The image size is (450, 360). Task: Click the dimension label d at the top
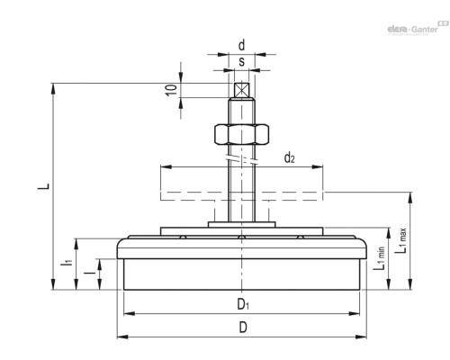[x=241, y=46]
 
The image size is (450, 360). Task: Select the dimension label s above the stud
[x=241, y=61]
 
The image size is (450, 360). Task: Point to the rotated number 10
[x=171, y=90]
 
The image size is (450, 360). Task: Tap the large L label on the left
[x=44, y=185]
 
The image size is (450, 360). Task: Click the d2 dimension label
[x=289, y=157]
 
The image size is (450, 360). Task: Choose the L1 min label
[x=379, y=258]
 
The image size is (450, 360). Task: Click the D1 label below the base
[x=243, y=304]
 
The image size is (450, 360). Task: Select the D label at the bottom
[x=243, y=327]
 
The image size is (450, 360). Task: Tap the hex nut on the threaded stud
[x=241, y=134]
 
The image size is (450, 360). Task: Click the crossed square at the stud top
[x=241, y=90]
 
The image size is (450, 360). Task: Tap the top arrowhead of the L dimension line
[x=53, y=88]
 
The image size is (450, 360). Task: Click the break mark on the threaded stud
[x=241, y=159]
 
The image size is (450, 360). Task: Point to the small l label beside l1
[x=89, y=273]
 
